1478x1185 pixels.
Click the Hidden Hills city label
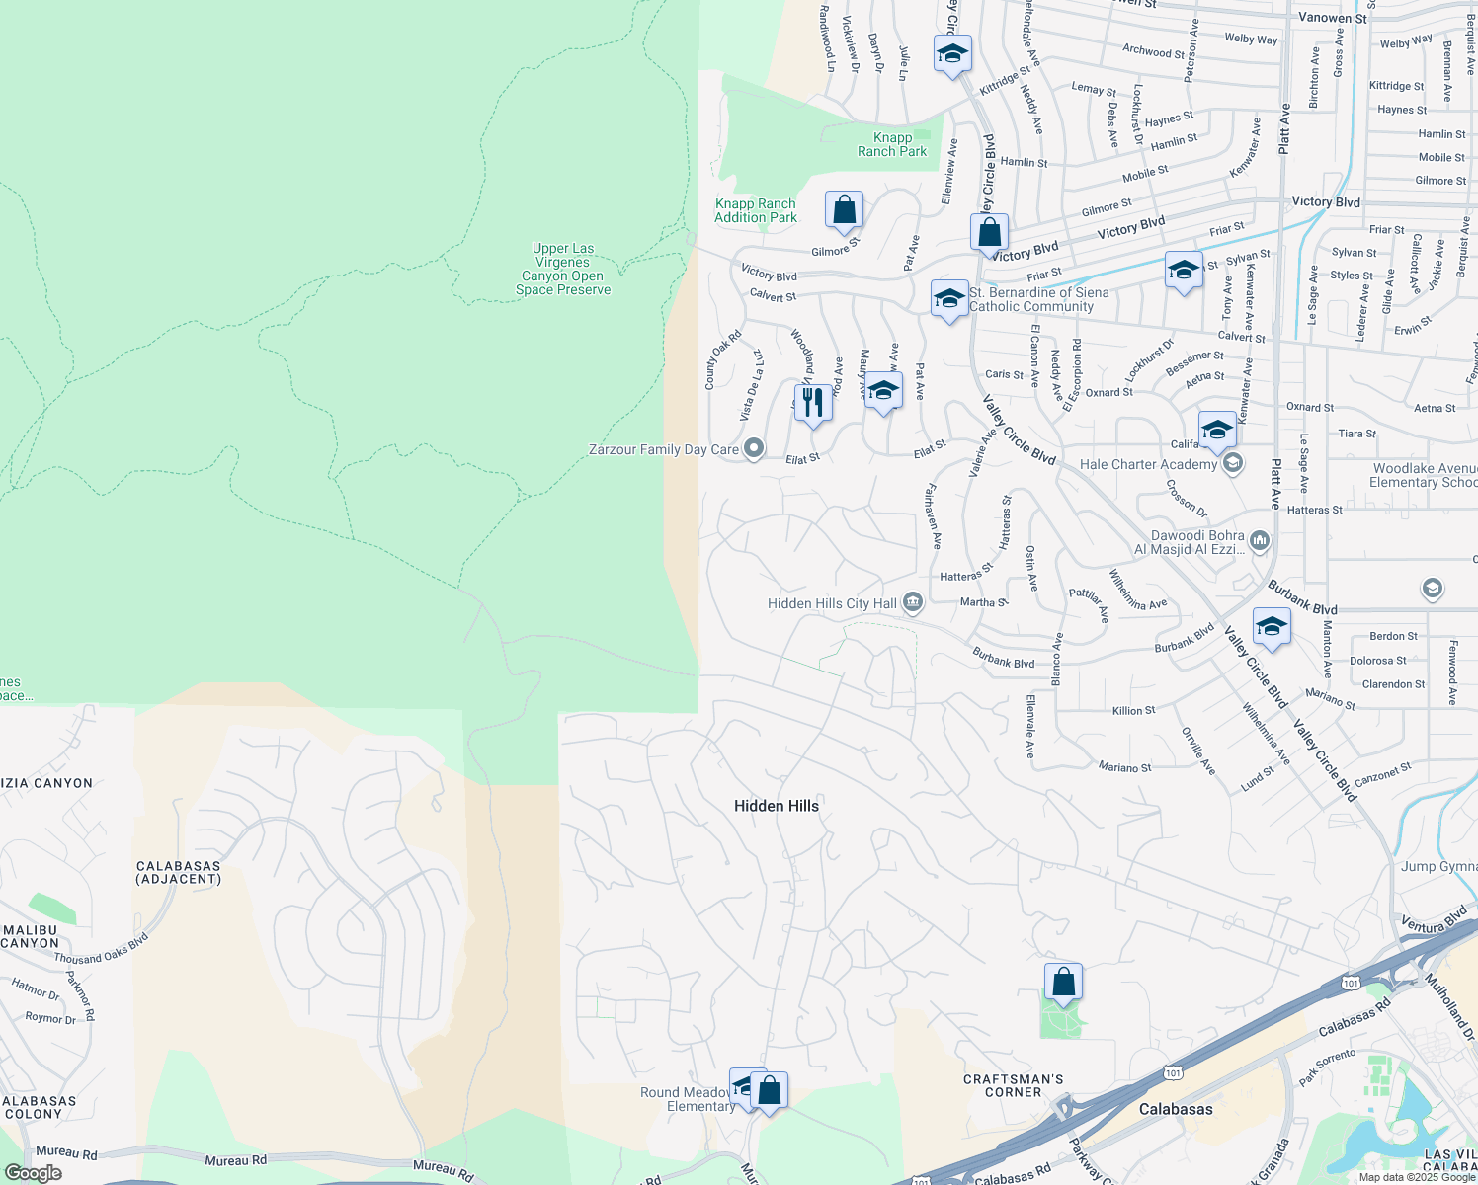coord(776,806)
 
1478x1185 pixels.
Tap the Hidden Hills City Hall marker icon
coord(913,602)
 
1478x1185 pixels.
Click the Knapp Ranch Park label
coord(892,144)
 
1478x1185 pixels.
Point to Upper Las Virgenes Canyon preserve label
coord(563,270)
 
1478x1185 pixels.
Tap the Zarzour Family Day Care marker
coord(754,449)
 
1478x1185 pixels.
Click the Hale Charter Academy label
coord(1148,464)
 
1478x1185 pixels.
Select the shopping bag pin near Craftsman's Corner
coord(1063,982)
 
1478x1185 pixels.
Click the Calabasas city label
coord(1175,1109)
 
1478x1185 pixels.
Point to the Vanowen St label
coord(1332,18)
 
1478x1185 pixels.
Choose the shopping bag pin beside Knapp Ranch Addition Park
coord(844,209)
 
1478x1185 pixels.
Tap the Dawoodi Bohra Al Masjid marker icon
coord(1259,540)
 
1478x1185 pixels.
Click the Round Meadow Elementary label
coord(687,1099)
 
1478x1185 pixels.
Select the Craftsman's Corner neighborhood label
coord(1013,1085)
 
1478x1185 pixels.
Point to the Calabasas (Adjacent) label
coord(178,872)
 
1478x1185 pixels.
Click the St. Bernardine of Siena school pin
coord(948,298)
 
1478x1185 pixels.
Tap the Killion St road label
coord(1133,711)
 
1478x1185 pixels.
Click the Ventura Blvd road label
coord(1435,922)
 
